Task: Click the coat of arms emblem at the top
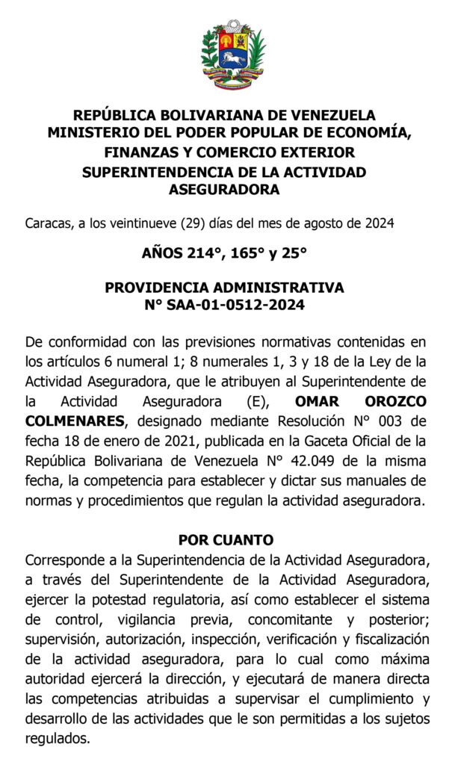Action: coord(232,57)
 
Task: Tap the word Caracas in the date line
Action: coord(49,223)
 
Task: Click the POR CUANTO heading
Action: coord(226,539)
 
